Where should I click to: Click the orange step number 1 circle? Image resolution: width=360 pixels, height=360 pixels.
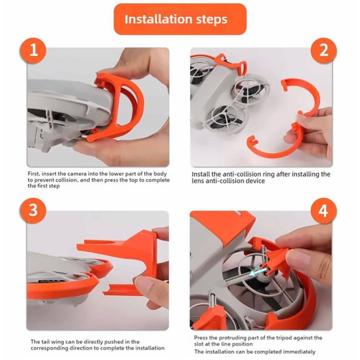33,50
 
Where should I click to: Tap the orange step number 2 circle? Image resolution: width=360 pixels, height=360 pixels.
324,50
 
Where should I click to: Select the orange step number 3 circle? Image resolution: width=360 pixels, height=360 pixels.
33,210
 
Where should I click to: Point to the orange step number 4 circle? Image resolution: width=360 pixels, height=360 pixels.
324,210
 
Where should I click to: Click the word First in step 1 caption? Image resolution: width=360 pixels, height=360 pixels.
33,174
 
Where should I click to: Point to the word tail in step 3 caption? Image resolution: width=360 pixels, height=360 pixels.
46,342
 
